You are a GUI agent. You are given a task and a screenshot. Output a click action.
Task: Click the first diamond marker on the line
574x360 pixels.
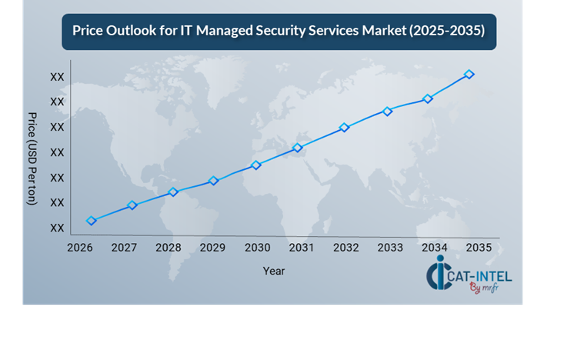pos(92,221)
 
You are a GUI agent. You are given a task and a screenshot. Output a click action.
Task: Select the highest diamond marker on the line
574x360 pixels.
pos(469,75)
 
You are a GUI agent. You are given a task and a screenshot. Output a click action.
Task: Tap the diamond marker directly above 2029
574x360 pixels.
pos(214,181)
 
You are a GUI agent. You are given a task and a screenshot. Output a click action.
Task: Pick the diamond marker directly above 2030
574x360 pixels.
pos(256,165)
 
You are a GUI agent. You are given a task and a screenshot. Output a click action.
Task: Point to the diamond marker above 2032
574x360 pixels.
pos(345,128)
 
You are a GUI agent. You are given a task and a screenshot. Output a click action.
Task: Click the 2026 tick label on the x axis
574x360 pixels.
pos(80,248)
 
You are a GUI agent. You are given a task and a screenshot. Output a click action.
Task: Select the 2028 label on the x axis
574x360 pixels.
pos(169,248)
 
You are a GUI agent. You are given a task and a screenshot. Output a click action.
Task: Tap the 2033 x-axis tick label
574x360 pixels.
pos(390,248)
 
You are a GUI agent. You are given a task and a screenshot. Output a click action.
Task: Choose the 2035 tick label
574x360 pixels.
pos(479,248)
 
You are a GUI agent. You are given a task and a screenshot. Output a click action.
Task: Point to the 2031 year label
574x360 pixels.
pos(302,248)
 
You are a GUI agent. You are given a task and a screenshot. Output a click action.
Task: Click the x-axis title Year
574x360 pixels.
pos(273,271)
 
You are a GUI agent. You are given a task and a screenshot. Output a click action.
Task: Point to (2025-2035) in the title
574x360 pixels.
pos(447,32)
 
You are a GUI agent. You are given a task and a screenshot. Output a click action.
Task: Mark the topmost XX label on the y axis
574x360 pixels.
pos(57,77)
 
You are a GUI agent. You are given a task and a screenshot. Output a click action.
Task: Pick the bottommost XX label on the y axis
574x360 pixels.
pos(57,228)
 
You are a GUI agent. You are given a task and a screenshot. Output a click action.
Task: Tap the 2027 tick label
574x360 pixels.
pos(124,248)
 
